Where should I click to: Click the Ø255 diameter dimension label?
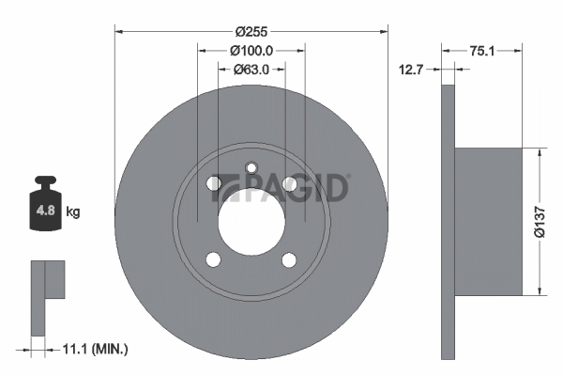(251, 32)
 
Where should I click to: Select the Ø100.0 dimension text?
(251, 51)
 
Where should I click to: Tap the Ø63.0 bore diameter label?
(251, 70)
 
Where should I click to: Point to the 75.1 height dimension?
(482, 51)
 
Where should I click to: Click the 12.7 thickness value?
(412, 70)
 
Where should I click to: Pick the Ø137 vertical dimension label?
(540, 222)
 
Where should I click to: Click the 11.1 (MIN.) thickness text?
(95, 349)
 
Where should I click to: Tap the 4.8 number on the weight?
(46, 211)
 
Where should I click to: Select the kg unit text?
(73, 211)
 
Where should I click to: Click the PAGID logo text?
(280, 187)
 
